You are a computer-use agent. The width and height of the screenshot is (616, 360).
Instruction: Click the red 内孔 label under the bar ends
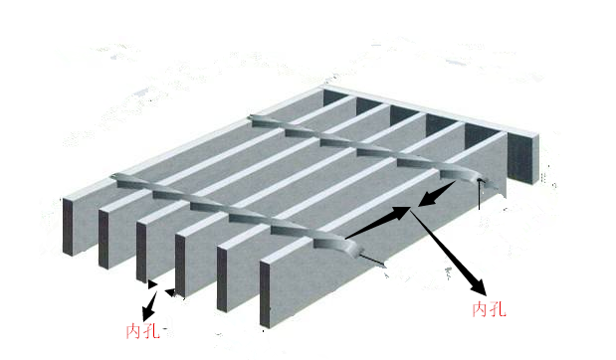143,332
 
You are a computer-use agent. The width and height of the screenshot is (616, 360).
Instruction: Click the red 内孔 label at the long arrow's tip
489,309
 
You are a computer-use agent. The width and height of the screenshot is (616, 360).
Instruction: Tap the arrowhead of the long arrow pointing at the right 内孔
479,287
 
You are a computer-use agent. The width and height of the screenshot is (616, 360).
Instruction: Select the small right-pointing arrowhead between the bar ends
152,284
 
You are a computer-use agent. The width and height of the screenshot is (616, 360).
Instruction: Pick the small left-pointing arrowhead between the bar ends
170,292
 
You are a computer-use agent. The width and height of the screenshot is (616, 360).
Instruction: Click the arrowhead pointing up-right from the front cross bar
400,213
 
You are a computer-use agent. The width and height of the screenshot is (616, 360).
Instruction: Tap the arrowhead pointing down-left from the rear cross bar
429,199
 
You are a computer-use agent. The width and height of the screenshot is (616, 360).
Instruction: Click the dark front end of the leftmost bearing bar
68,227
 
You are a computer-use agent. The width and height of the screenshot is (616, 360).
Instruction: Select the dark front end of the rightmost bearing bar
265,294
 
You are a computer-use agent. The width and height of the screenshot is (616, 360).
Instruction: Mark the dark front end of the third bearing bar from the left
141,252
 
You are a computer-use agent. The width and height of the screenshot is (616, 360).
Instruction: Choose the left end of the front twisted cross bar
117,177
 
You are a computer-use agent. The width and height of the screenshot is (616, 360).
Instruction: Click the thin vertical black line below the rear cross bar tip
479,194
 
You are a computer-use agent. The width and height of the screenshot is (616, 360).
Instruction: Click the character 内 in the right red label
480,309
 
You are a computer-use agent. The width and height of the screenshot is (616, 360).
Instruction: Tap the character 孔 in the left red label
151,332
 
